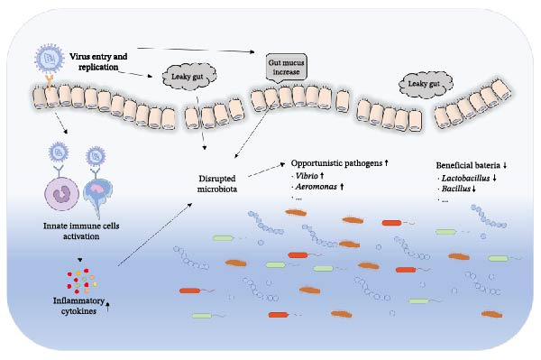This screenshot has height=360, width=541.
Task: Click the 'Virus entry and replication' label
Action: pyautogui.click(x=98, y=61)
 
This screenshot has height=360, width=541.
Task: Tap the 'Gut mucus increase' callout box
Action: pyautogui.click(x=287, y=68)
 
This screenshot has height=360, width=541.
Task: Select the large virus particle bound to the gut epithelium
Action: pyautogui.click(x=50, y=59)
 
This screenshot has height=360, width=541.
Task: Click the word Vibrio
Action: pyautogui.click(x=307, y=176)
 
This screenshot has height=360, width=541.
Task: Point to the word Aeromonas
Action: pyautogui.click(x=316, y=187)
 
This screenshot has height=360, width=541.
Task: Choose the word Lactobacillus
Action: pyautogui.click(x=466, y=179)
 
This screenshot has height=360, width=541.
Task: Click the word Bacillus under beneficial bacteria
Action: pyautogui.click(x=456, y=189)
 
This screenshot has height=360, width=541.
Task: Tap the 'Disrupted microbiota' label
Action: pyautogui.click(x=217, y=184)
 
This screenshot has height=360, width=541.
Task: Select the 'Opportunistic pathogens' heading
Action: pyautogui.click(x=336, y=163)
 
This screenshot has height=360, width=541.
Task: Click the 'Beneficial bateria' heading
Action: pyautogui.click(x=468, y=165)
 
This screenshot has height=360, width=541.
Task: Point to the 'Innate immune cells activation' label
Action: pyautogui.click(x=81, y=231)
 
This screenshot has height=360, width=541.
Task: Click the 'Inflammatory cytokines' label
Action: pyautogui.click(x=78, y=306)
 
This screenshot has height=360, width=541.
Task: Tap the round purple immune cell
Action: pyautogui.click(x=61, y=194)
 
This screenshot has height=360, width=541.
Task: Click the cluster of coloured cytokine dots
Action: pyautogui.click(x=82, y=281)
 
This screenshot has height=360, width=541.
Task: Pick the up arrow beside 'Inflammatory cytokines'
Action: pyautogui.click(x=108, y=306)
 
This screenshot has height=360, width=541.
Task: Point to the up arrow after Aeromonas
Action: pyautogui.click(x=342, y=187)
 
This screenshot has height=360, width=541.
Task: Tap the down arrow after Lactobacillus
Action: pyautogui.click(x=495, y=179)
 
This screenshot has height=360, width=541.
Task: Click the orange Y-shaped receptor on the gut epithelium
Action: pyautogui.click(x=50, y=83)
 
